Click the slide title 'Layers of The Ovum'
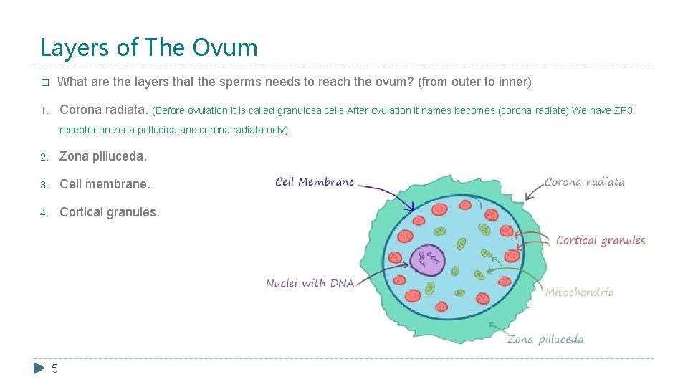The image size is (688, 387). [149, 47]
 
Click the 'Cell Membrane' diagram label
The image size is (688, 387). [315, 182]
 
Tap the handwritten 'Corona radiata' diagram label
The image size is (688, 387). [584, 182]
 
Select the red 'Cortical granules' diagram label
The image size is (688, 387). [601, 241]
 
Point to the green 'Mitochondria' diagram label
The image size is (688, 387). [579, 292]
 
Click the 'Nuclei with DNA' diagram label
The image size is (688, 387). [310, 283]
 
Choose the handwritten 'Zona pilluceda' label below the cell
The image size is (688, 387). [545, 339]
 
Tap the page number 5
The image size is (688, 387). [55, 368]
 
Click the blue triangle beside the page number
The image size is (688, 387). [39, 368]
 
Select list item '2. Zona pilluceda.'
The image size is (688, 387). [102, 156]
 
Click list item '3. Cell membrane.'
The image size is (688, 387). [105, 184]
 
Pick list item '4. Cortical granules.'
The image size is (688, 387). [110, 212]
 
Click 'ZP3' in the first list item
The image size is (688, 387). [623, 111]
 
